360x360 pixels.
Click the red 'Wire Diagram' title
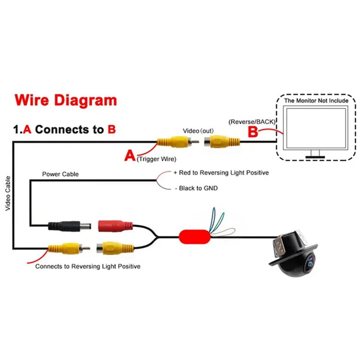click(66, 100)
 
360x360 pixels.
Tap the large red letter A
click(130, 156)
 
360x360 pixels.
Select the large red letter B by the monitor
click(253, 131)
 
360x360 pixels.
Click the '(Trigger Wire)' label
click(156, 159)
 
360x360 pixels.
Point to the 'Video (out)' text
click(198, 130)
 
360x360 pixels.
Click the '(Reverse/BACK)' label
click(252, 121)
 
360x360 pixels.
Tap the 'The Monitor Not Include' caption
click(316, 100)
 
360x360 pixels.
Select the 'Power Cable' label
click(60, 174)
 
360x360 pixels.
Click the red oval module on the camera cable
click(194, 236)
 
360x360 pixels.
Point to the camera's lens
click(310, 264)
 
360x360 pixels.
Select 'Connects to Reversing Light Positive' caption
click(88, 266)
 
